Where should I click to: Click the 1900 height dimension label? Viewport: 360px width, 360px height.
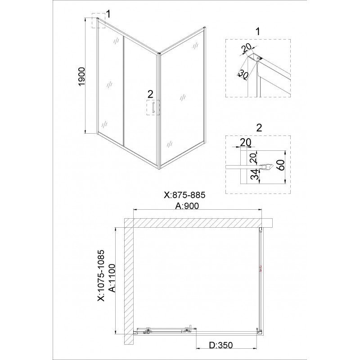82,77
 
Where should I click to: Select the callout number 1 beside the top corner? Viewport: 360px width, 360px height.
108,14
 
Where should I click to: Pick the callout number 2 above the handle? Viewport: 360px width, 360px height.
150,94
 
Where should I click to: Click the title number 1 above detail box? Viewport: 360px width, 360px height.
258,31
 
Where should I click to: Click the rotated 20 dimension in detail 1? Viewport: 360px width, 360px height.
247,48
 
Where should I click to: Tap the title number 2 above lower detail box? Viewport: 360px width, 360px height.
259,128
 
